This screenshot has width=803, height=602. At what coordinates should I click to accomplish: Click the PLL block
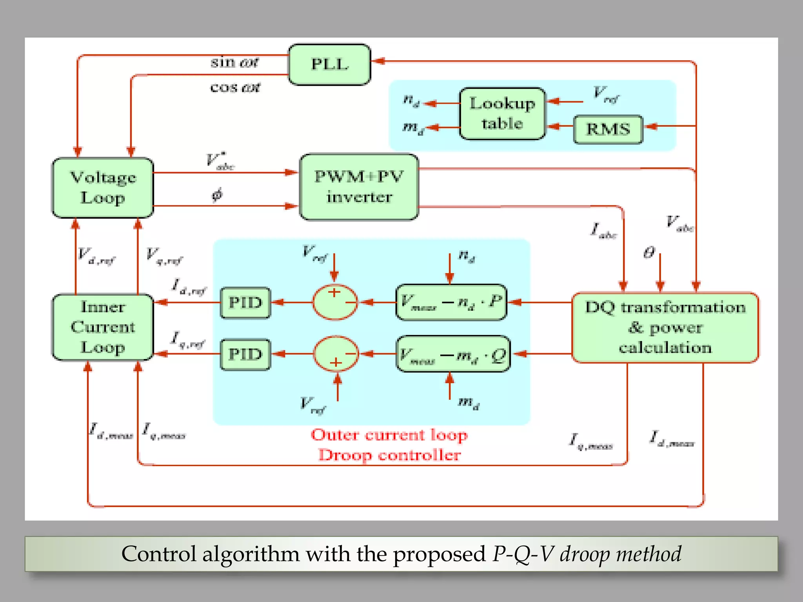tap(329, 65)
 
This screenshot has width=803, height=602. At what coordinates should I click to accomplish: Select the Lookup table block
tap(502, 114)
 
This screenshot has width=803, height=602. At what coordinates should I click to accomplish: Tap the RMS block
tap(608, 129)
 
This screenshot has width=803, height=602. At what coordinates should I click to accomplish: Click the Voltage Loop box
tap(103, 188)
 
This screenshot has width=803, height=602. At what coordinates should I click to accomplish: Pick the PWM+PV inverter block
tap(359, 187)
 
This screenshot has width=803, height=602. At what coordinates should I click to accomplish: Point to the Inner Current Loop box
tap(103, 327)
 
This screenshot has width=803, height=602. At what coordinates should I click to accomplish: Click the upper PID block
tap(245, 303)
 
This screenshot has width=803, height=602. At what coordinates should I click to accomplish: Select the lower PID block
tap(245, 354)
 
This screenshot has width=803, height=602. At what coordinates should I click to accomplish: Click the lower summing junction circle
tap(336, 354)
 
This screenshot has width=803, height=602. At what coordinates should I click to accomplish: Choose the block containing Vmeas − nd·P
tap(451, 302)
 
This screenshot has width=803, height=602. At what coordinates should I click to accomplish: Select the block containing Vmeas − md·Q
tap(453, 354)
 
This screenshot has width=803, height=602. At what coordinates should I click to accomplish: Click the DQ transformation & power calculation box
tap(665, 328)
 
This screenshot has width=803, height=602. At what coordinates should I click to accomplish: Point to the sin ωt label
tap(234, 62)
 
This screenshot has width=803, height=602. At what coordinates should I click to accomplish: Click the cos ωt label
tap(235, 87)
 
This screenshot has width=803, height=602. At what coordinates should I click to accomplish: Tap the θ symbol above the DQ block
tap(649, 252)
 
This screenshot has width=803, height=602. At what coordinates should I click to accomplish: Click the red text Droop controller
tap(389, 455)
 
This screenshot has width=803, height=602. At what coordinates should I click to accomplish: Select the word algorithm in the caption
tap(251, 554)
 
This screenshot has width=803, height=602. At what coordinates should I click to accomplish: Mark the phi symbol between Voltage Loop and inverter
tap(217, 194)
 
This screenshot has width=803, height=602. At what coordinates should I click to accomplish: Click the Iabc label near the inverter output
tap(603, 230)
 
